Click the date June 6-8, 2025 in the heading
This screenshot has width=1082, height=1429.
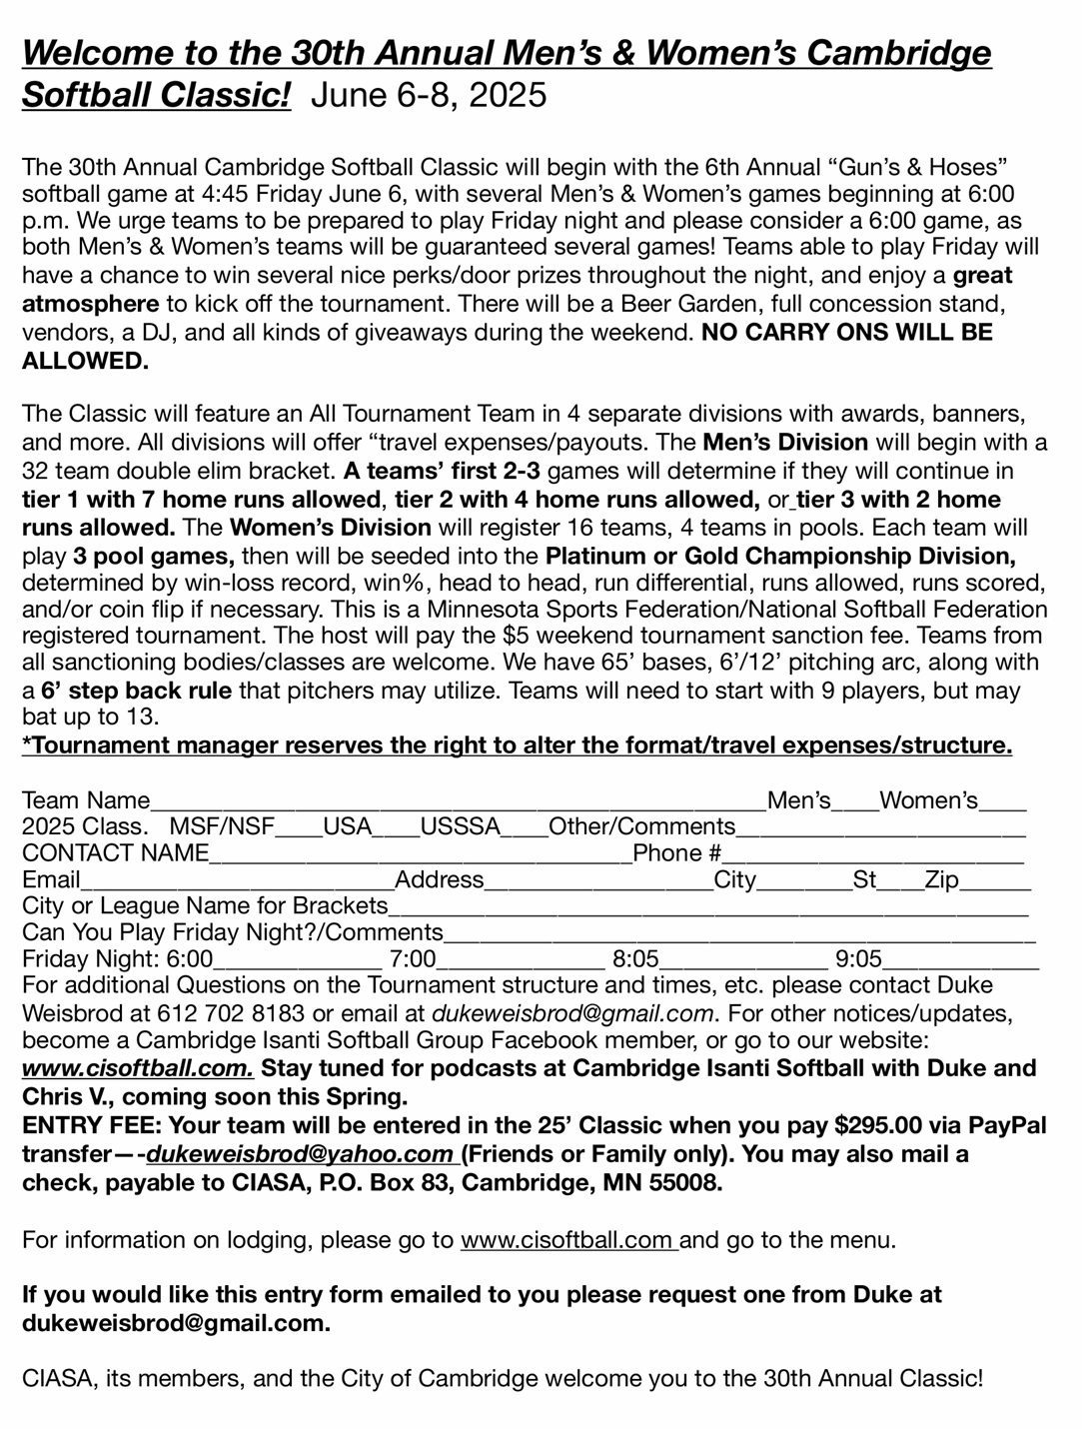430,95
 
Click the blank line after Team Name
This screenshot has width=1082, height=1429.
458,802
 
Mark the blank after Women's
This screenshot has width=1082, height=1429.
1003,802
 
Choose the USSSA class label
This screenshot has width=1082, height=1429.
460,826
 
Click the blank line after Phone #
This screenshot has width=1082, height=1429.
873,854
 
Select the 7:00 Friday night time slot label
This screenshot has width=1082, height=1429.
413,960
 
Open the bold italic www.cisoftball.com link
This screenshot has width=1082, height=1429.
138,1068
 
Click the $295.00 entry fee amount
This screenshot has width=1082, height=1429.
878,1125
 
